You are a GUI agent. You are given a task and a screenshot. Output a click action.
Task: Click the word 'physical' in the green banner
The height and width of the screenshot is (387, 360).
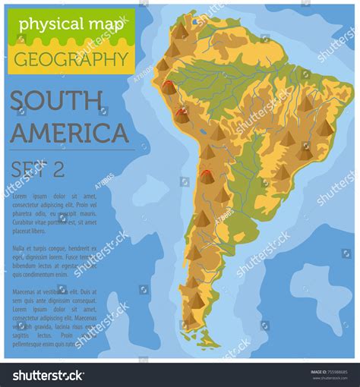pos(48,24)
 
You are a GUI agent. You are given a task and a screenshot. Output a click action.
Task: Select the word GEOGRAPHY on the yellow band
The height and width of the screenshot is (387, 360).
pos(71,58)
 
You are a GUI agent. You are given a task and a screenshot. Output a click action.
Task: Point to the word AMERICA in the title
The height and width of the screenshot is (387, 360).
pos(70,132)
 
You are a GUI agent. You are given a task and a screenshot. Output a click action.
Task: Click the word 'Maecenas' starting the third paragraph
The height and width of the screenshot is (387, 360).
pos(27,291)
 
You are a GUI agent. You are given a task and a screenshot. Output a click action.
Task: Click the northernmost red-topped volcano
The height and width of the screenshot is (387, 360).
pos(169,86)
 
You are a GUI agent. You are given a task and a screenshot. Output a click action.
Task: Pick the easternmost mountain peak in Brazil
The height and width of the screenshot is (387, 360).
pos(325,127)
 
